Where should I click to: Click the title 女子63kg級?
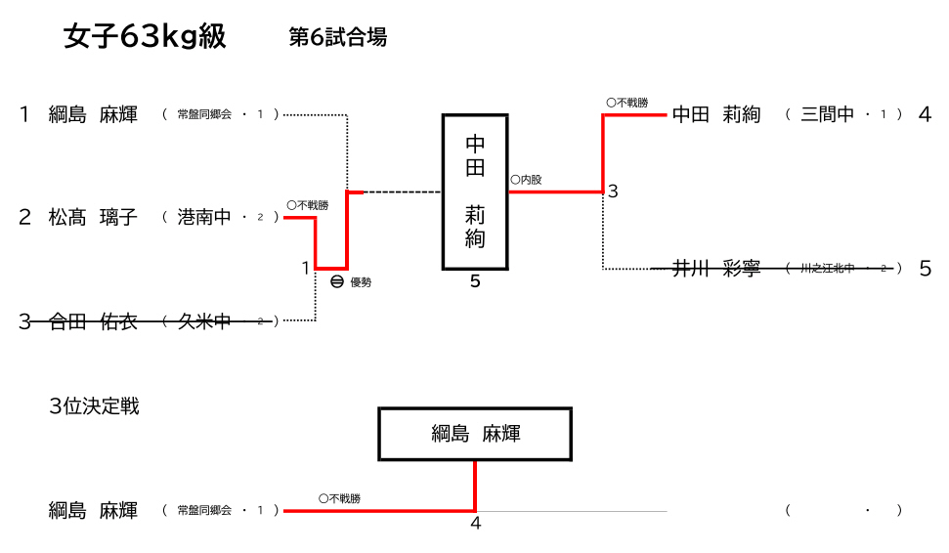(x=145, y=36)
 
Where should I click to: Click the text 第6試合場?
(x=338, y=37)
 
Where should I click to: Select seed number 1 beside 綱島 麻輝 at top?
(x=24, y=114)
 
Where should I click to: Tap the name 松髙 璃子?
(x=93, y=217)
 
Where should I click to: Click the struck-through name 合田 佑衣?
(x=93, y=320)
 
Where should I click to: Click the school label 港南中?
(x=204, y=217)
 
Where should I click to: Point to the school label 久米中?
(x=203, y=320)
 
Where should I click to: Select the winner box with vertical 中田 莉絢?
(x=475, y=191)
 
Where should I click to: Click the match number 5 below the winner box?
(x=475, y=282)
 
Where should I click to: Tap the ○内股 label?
(x=526, y=180)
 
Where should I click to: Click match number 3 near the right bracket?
(x=613, y=191)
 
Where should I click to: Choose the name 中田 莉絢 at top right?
(x=716, y=114)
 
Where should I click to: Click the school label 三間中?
(x=828, y=114)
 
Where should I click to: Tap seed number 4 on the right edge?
(x=925, y=114)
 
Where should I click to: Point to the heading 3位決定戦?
(x=94, y=406)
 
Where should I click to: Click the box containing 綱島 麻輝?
(x=475, y=434)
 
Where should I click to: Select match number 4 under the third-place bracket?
(x=476, y=523)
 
